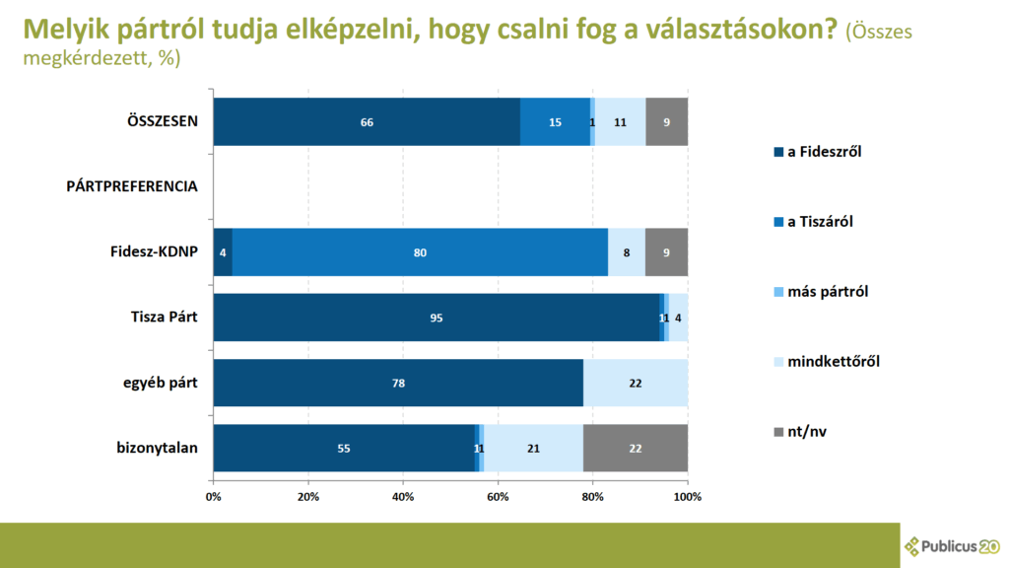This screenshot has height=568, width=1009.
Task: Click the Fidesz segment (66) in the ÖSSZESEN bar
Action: coord(367,122)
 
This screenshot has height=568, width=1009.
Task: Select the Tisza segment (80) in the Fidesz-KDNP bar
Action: coord(420,252)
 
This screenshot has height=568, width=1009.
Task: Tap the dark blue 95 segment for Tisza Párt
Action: coord(436,318)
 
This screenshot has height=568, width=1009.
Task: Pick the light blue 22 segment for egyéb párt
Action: coord(635,383)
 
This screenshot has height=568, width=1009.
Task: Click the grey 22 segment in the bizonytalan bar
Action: coord(635,448)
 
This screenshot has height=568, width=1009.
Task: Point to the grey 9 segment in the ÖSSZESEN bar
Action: coord(667,122)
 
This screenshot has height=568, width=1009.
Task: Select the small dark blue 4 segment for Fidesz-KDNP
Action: coord(223,252)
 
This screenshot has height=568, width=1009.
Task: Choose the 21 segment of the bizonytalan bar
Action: coord(533,448)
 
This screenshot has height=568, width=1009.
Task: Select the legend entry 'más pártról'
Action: coord(827,292)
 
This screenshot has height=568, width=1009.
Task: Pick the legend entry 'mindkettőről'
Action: coord(833,361)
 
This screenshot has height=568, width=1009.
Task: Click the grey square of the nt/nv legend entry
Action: coord(778,431)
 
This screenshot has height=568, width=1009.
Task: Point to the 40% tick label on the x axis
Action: coord(403,496)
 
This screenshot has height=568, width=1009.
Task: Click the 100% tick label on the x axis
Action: coord(687,496)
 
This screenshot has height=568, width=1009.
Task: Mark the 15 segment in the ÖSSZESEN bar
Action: coord(555,122)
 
